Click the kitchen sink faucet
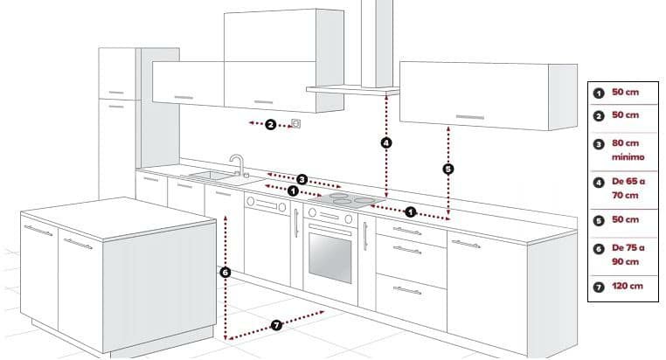click(236, 163)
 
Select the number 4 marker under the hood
click(386, 142)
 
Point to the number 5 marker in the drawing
click(448, 169)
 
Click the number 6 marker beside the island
click(225, 273)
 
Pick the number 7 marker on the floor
click(276, 325)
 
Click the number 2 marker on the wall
click(271, 125)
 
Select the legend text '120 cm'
click(627, 286)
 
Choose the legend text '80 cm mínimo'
click(628, 149)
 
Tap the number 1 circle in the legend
click(600, 93)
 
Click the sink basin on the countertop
click(209, 176)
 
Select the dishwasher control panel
click(267, 204)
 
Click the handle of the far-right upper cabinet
click(468, 116)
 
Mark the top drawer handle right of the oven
click(406, 231)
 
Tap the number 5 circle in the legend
click(600, 220)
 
